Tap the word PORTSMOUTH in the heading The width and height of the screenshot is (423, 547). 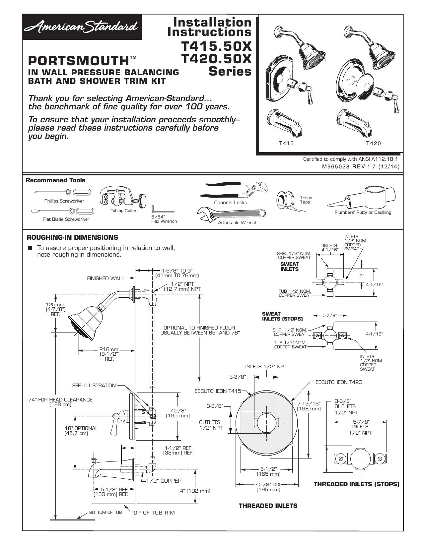(78, 61)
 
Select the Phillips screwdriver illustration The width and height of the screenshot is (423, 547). (62, 193)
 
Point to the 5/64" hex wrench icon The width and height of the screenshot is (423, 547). (163, 210)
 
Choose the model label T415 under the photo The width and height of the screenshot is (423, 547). (286, 144)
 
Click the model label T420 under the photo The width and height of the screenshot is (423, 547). (373, 144)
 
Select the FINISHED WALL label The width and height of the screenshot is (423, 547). (106, 278)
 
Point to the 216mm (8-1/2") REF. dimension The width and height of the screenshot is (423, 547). (109, 354)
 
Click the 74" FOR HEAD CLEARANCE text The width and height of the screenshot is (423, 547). (60, 400)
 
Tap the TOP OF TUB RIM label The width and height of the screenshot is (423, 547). (152, 513)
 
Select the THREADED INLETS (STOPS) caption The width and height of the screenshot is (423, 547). (357, 484)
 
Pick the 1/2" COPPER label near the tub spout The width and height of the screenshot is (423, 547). (164, 481)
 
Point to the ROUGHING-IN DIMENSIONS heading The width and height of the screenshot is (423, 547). (73, 237)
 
